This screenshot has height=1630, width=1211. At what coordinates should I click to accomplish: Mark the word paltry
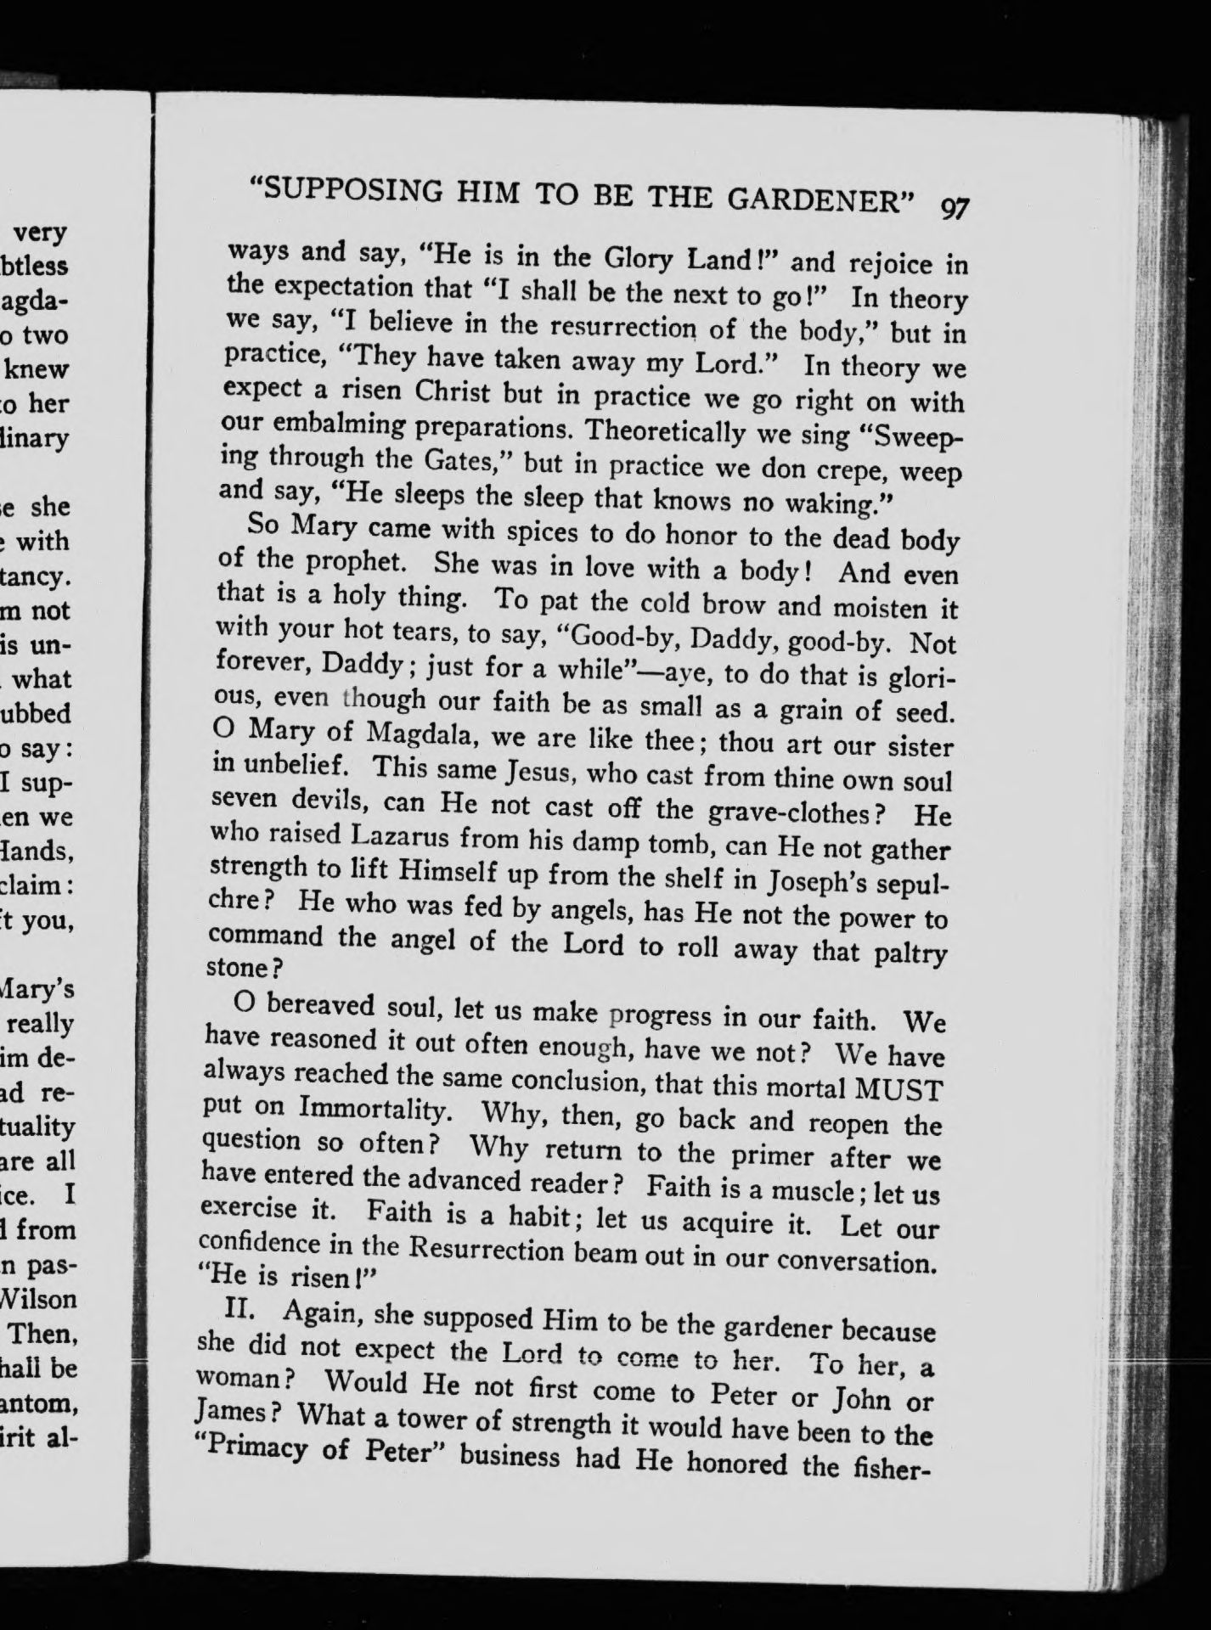click(910, 954)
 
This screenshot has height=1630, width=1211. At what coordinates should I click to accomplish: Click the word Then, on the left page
click(42, 1335)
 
